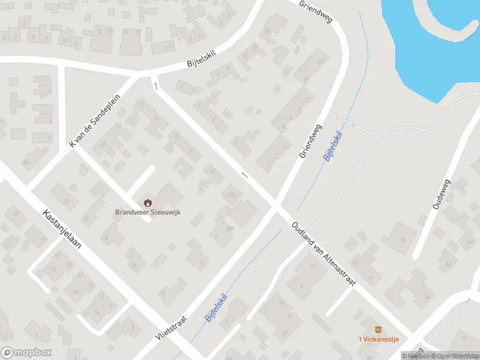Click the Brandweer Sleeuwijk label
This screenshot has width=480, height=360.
[x=148, y=212]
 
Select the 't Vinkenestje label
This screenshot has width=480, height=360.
[x=378, y=340]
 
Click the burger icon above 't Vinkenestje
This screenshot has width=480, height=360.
[x=378, y=329]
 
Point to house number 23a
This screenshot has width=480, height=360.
[x=232, y=194]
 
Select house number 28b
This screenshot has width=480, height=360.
[x=229, y=229]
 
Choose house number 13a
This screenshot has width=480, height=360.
[x=75, y=292]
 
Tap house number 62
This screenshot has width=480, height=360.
[x=448, y=263]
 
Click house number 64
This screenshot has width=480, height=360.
[x=427, y=297]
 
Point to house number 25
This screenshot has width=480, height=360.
[x=16, y=214]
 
